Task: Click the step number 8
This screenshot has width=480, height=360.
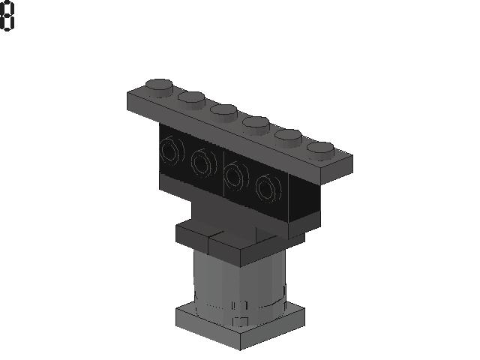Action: click(x=7, y=16)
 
